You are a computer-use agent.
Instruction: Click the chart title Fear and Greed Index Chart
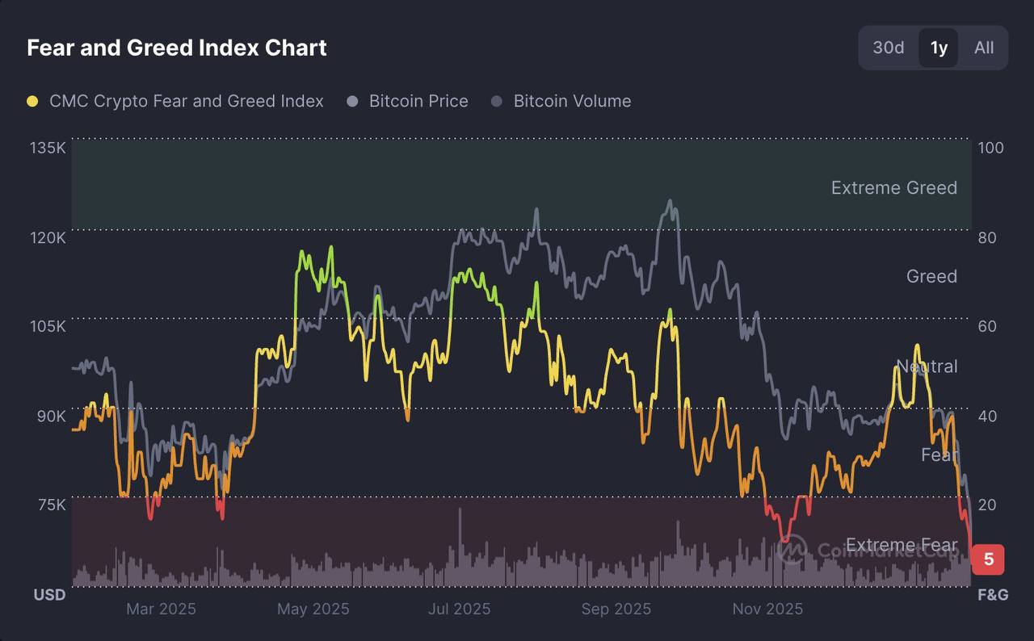pos(177,48)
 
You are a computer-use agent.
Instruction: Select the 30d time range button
pos(888,48)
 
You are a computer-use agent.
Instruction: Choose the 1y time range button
pos(939,48)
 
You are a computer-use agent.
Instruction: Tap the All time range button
pos(984,48)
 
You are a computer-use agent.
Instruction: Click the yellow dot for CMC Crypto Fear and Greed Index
pos(32,102)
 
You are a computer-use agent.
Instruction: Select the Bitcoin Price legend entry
pos(418,102)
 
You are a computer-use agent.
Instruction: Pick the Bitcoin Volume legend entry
pos(572,102)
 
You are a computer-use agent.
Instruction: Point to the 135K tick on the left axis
pos(48,148)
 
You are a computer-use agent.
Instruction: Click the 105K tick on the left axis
pos(48,326)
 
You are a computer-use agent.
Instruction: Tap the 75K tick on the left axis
pos(51,505)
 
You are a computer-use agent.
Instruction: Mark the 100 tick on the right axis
pos(990,148)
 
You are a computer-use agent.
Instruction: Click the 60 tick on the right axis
pos(988,326)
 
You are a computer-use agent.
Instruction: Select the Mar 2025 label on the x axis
pos(161,609)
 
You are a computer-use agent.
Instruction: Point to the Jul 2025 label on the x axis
pos(459,609)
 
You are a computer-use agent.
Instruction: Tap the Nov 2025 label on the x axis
pos(767,609)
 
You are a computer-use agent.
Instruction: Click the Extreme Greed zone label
pos(893,188)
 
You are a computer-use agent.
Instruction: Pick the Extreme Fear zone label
pos(901,545)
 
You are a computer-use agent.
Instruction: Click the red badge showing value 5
pos(988,559)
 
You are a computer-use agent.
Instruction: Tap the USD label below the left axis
pos(49,595)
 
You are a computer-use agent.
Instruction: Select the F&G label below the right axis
pos(993,595)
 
